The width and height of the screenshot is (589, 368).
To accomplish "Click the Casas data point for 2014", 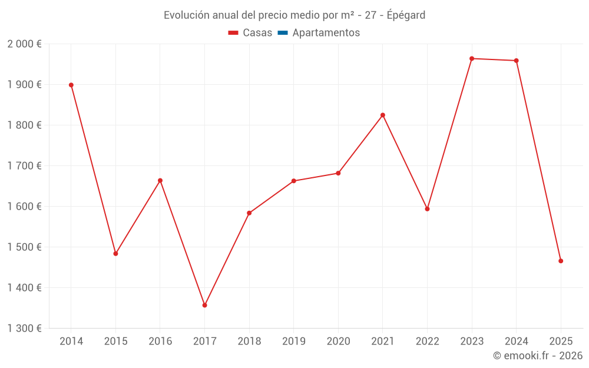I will click(x=71, y=85).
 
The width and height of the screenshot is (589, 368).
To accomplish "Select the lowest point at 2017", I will click(x=204, y=305).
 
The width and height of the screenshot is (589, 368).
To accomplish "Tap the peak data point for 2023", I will click(x=472, y=58).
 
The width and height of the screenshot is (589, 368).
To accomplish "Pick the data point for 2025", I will click(x=561, y=261).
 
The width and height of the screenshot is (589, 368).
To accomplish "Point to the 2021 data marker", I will click(x=383, y=115).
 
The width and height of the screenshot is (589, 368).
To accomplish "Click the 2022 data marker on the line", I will click(x=427, y=209).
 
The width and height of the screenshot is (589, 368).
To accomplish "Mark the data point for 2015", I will click(x=115, y=254).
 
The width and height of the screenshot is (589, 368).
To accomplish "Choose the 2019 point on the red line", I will click(x=294, y=181).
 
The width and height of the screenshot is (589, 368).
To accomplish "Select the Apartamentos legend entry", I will click(x=326, y=33).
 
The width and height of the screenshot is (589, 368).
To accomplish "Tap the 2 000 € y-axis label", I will click(x=24, y=44).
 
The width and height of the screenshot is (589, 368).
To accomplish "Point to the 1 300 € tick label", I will click(x=24, y=329).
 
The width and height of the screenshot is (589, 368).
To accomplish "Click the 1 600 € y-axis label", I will click(x=24, y=207).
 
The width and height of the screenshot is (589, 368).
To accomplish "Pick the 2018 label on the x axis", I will click(x=249, y=342).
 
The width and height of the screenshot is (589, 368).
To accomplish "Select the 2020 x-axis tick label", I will click(x=338, y=342).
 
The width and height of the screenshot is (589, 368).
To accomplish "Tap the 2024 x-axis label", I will click(x=517, y=342).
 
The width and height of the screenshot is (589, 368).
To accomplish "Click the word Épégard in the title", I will click(x=406, y=15).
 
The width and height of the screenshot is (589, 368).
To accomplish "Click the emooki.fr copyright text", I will click(x=538, y=356).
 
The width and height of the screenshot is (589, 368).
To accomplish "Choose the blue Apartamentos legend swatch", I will click(x=282, y=33).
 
